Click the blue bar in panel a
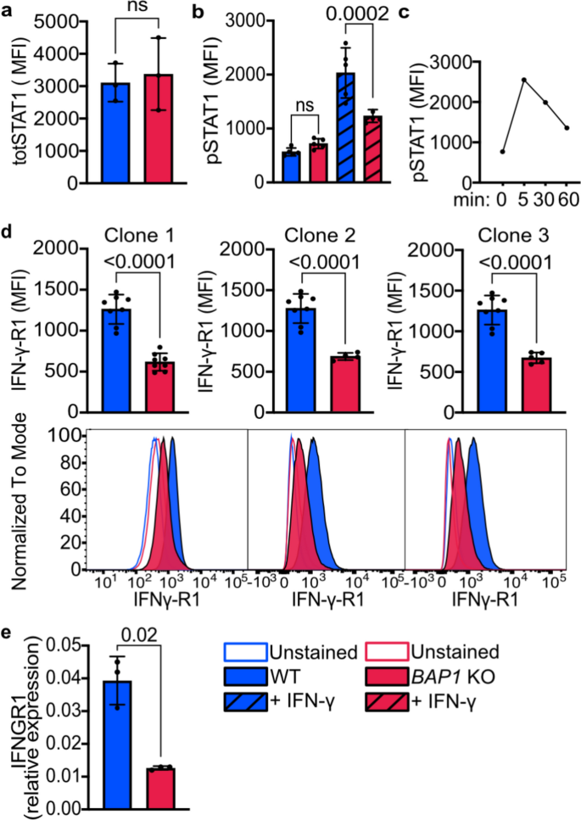(116, 133)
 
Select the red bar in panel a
(159, 129)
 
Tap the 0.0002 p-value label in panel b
(358, 13)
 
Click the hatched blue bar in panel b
(346, 127)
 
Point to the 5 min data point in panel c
(523, 80)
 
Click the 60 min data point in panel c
(567, 127)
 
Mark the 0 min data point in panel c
(503, 152)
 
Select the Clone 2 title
(320, 236)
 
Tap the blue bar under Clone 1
(116, 361)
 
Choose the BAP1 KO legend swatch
(388, 678)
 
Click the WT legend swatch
(246, 678)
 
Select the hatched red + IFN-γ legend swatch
(388, 700)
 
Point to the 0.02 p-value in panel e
(139, 635)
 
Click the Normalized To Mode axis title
(19, 501)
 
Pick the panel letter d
(8, 231)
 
